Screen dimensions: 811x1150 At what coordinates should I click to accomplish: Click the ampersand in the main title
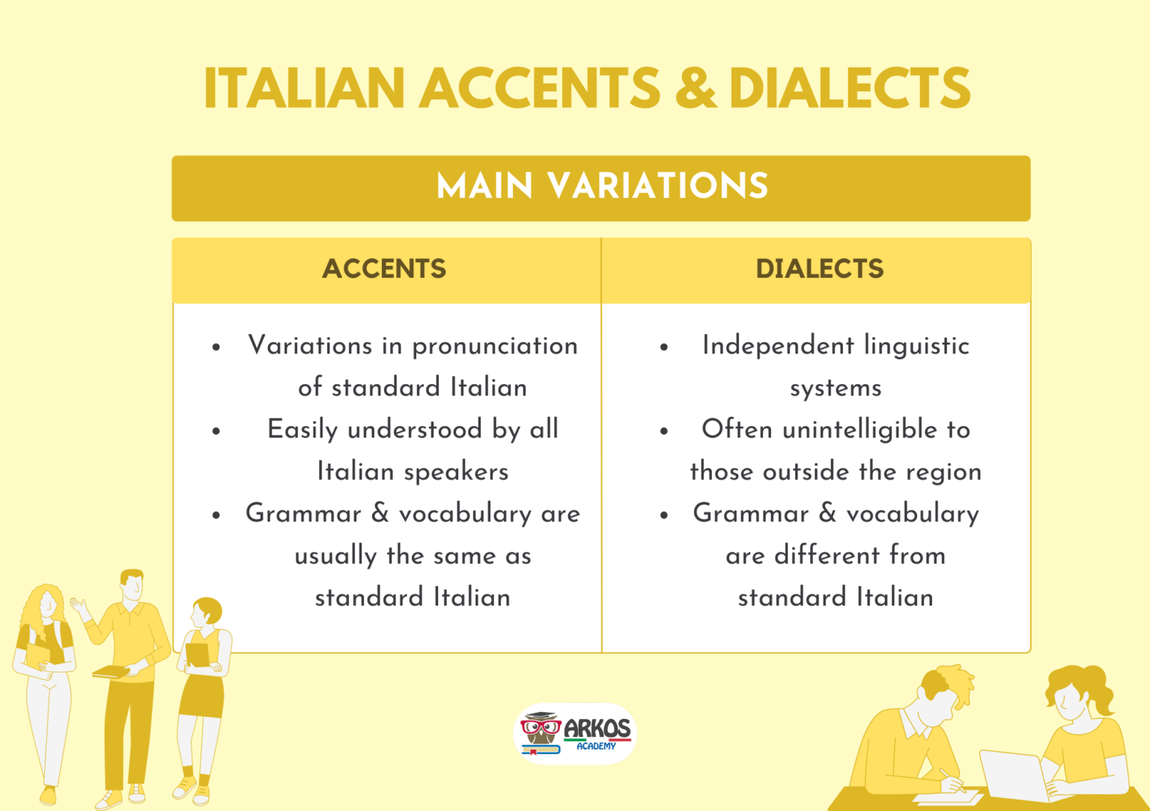point(696,88)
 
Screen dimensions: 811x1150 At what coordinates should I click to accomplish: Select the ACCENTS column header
point(384,269)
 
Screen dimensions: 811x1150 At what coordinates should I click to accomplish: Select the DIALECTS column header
point(820,269)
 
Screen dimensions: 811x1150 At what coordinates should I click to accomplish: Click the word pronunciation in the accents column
point(495,346)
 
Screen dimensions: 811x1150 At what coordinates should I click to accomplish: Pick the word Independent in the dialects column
point(778,346)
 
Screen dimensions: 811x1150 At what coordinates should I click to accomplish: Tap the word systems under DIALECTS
point(836,389)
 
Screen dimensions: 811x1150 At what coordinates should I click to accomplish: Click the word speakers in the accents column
point(456,472)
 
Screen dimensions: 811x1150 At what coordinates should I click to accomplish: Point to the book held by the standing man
point(110,672)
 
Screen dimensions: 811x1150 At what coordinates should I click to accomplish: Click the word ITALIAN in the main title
point(304,88)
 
